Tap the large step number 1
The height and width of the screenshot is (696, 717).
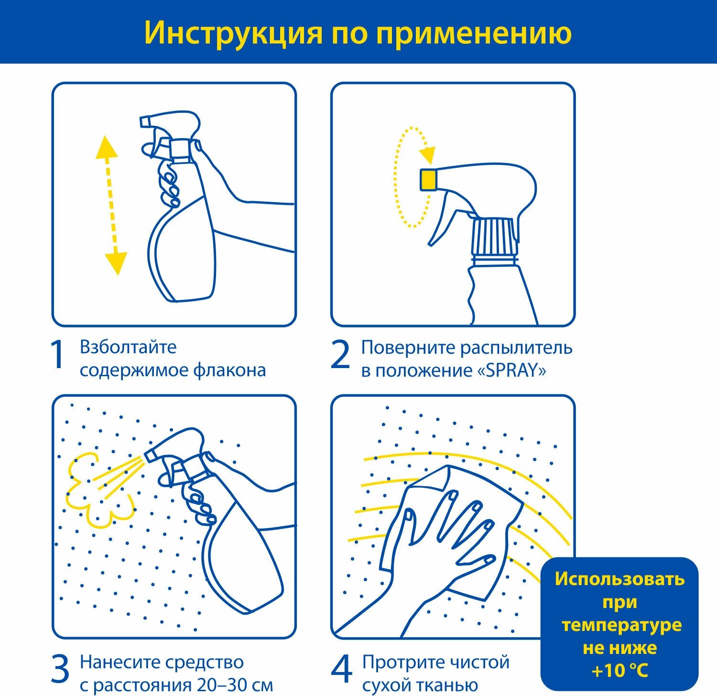click(x=58, y=355)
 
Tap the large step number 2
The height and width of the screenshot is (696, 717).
click(x=340, y=355)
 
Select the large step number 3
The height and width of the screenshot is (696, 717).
click(x=60, y=669)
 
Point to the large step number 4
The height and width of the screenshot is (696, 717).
click(x=341, y=669)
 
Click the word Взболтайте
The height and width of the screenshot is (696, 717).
click(x=128, y=347)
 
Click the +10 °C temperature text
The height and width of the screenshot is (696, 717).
click(x=619, y=671)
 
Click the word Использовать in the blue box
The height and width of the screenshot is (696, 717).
click(x=619, y=579)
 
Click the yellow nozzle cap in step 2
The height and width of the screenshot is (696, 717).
click(x=428, y=179)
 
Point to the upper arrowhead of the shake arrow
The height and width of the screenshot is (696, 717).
click(x=106, y=147)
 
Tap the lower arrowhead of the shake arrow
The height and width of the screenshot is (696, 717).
click(x=116, y=263)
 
